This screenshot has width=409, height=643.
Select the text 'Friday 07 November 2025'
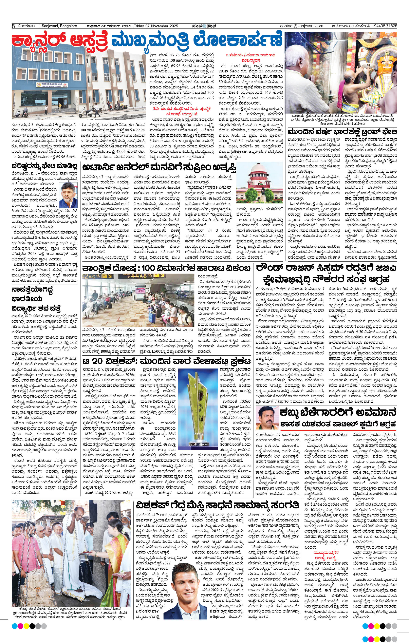coord(156,26)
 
